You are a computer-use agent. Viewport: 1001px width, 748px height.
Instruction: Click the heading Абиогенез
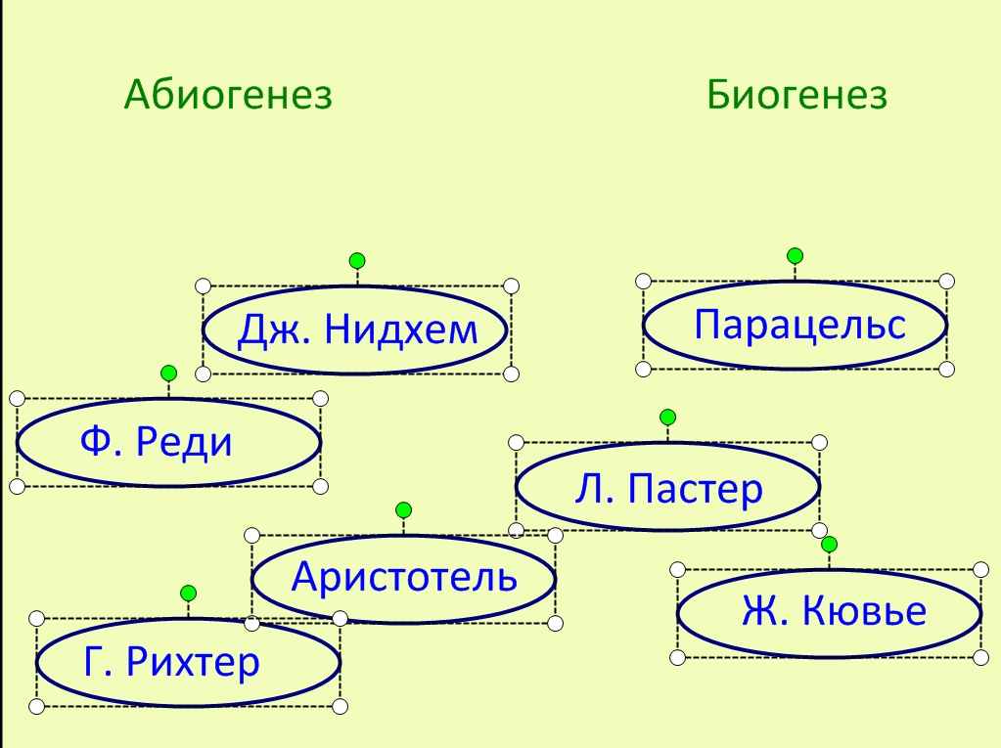coord(228,95)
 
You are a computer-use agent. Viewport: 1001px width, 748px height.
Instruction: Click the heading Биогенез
coord(796,95)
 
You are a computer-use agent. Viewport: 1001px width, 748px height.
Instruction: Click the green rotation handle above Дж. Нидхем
coord(357,260)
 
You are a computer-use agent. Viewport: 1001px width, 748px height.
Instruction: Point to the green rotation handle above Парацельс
coord(795,256)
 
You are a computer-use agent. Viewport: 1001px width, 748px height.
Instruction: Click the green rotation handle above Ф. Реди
coord(168,374)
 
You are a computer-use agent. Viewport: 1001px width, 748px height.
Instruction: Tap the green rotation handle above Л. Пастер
coord(667,418)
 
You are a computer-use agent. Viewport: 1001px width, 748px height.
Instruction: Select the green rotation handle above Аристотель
coord(403,510)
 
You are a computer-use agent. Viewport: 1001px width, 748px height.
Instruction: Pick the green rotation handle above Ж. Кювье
coord(829,544)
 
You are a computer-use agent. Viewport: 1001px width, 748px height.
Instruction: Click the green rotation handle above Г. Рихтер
coord(188,594)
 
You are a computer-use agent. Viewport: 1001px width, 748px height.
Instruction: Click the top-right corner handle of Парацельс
coord(947,282)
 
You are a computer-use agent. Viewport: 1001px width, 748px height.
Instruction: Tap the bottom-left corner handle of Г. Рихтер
coord(37,707)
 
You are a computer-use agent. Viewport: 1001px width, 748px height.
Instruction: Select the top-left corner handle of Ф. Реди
coord(18,399)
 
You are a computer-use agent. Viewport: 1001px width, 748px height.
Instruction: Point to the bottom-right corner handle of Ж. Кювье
coord(981,657)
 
